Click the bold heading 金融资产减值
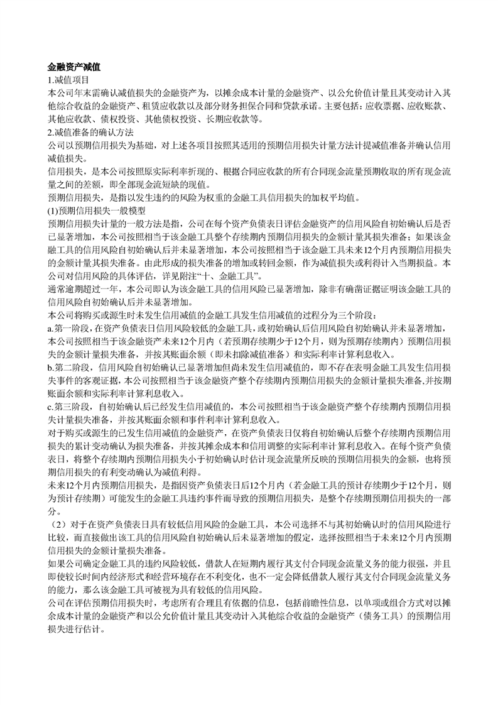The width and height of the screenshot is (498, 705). click(75, 67)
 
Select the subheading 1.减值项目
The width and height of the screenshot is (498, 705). click(68, 80)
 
